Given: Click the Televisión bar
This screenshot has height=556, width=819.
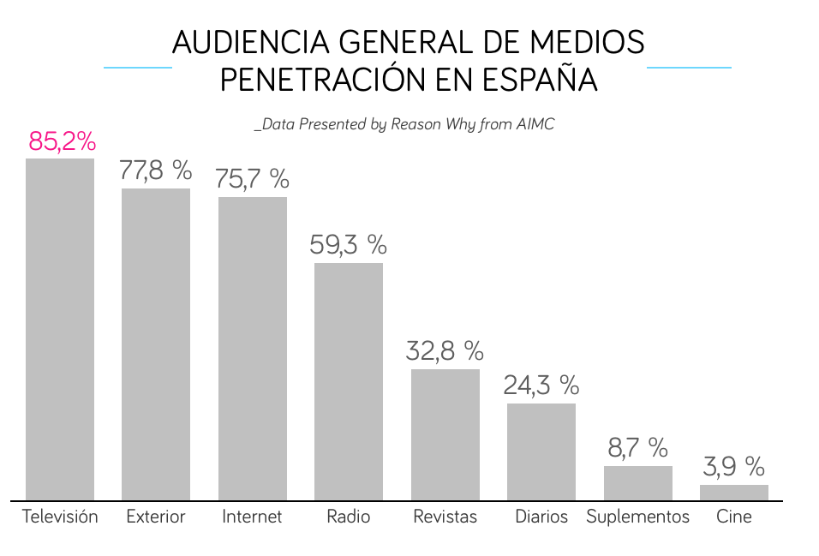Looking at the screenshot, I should pyautogui.click(x=60, y=329).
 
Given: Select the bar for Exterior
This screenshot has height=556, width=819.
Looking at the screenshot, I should pyautogui.click(x=156, y=344).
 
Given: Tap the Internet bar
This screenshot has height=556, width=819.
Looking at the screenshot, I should pyautogui.click(x=253, y=348).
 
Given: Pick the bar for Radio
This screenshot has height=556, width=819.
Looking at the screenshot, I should pyautogui.click(x=349, y=381).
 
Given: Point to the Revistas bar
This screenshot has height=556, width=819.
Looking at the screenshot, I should pyautogui.click(x=445, y=434).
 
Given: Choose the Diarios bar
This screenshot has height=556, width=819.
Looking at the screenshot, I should pyautogui.click(x=541, y=451).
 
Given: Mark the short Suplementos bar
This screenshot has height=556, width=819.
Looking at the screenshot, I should pyautogui.click(x=638, y=483).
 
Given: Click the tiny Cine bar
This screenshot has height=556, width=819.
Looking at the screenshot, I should pyautogui.click(x=734, y=493).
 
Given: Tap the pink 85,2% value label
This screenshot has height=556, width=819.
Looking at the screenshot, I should pyautogui.click(x=62, y=141).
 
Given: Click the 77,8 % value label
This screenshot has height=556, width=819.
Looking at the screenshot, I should pyautogui.click(x=156, y=170).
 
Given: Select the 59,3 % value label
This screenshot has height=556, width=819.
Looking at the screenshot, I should pyautogui.click(x=348, y=245).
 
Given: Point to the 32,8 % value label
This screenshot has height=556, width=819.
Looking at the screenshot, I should pyautogui.click(x=445, y=350).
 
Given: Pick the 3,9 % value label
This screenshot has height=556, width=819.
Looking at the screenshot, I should pyautogui.click(x=734, y=467).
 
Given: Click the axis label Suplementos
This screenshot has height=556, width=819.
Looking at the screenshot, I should pyautogui.click(x=638, y=517).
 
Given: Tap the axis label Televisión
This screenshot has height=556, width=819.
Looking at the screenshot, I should pyautogui.click(x=60, y=517).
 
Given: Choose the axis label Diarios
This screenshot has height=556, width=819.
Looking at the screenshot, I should pyautogui.click(x=541, y=517).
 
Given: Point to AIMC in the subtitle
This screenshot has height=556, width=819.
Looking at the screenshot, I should pyautogui.click(x=535, y=124).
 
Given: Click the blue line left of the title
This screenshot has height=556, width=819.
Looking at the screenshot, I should pyautogui.click(x=137, y=66).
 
